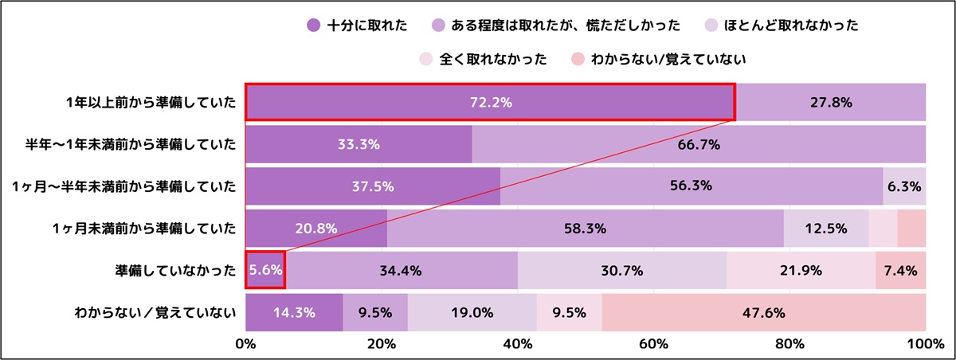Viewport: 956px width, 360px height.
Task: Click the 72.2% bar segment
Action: [x=489, y=102]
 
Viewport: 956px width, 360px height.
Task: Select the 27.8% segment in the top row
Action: [x=830, y=102]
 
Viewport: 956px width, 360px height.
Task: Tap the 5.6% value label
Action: [x=265, y=270]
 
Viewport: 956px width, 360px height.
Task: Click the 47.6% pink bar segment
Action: [x=763, y=312]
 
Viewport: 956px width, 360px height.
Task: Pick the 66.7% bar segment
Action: [x=699, y=144]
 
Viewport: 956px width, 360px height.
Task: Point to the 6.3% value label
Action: [x=905, y=186]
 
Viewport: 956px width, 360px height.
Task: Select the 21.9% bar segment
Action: [x=801, y=270]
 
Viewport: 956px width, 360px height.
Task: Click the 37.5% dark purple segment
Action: [x=373, y=186]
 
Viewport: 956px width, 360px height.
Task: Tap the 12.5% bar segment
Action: [x=826, y=229]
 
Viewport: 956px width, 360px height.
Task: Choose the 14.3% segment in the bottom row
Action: [x=294, y=312]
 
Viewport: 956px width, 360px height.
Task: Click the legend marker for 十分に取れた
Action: [x=313, y=25]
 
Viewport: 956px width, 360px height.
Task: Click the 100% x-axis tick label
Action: [x=924, y=344]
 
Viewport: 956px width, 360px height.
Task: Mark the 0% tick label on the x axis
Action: [x=245, y=344]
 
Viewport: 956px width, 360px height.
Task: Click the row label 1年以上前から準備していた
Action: [x=151, y=102]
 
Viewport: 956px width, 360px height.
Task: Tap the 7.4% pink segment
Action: [x=900, y=270]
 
